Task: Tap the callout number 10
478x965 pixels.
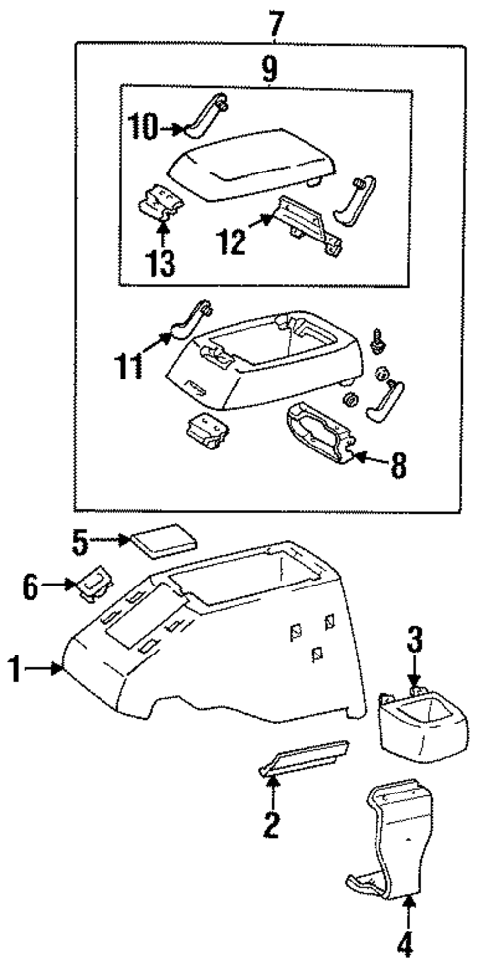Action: tap(145, 126)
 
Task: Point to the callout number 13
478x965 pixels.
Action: tap(162, 263)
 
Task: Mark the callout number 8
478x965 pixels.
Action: tap(397, 465)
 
